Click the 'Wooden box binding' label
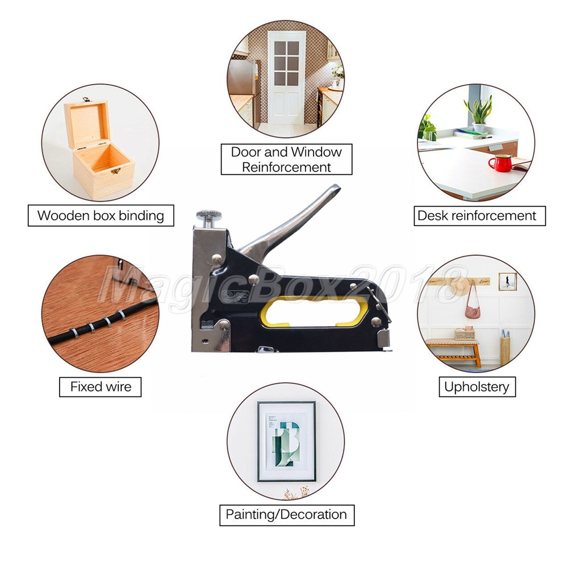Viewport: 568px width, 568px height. click(101, 215)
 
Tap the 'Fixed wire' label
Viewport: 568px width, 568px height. click(101, 387)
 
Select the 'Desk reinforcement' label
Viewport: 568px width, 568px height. click(479, 216)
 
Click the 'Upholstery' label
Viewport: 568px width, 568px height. click(477, 387)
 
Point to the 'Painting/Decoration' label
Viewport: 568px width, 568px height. click(286, 515)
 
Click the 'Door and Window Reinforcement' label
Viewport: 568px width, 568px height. click(286, 160)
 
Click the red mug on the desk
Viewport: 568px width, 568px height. click(501, 163)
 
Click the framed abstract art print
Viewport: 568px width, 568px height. click(286, 441)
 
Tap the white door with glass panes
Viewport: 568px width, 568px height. click(286, 78)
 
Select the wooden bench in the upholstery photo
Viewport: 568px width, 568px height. click(454, 352)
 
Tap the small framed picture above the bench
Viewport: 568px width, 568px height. click(507, 282)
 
